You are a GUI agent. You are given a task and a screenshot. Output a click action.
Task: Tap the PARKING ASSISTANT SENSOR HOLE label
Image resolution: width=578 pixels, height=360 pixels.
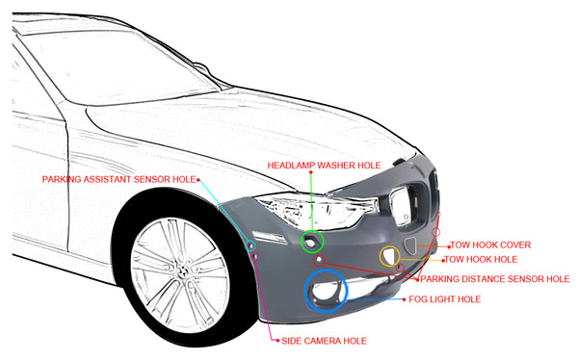click(x=118, y=179)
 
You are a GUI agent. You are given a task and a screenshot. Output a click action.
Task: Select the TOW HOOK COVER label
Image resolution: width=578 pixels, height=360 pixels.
click(x=491, y=244)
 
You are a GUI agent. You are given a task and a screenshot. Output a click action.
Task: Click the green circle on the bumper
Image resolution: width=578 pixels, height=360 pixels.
click(x=312, y=242)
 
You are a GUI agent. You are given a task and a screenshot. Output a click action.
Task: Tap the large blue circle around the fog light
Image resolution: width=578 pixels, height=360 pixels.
click(x=326, y=292)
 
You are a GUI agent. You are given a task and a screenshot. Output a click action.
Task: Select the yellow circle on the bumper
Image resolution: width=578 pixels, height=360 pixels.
click(x=389, y=255)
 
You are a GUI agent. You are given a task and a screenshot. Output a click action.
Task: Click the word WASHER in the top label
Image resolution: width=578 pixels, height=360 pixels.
click(x=331, y=165)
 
